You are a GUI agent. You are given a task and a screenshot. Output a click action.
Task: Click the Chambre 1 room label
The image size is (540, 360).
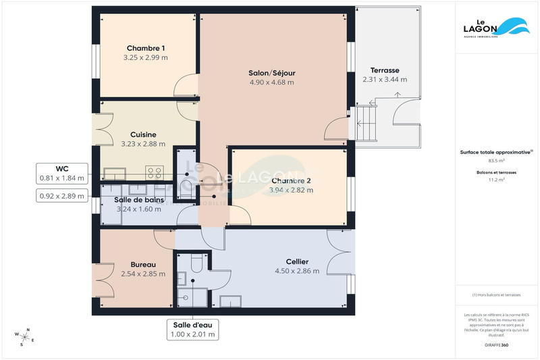tap(145, 48)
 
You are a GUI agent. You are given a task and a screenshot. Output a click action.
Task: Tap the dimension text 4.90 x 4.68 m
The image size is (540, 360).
tap(271, 82)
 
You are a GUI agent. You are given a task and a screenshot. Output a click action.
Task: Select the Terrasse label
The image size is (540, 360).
tap(385, 70)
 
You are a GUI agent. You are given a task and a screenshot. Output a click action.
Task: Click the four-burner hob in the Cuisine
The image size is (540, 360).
tap(155, 172)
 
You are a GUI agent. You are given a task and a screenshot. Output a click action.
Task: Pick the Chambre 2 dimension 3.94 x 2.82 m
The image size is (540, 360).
tap(291, 190)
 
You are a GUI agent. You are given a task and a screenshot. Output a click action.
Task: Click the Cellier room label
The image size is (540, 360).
tap(296, 261)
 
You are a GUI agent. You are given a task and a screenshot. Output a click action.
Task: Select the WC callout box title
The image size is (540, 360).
tap(62, 168)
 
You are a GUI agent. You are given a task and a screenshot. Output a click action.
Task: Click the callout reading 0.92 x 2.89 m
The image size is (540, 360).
tap(62, 196)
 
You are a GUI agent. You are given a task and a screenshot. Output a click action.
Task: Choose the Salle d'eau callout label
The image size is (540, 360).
tap(193, 324)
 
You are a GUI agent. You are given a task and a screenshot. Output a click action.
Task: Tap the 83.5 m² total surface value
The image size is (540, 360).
tap(497, 161)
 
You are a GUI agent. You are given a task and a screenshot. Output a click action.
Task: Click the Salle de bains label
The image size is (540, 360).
tap(138, 199)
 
